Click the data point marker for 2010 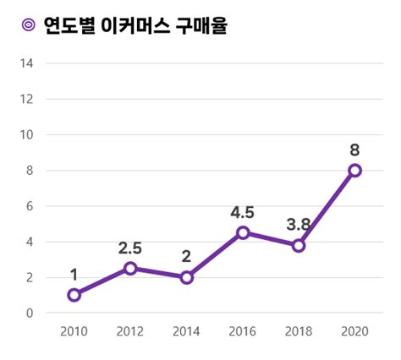74,295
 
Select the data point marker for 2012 130,268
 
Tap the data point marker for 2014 187,277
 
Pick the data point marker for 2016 243,232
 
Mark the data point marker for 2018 299,245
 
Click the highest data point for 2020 354,170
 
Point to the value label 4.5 243,212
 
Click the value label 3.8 299,225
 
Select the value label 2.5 130,248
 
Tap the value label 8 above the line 354,150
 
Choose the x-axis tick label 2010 74,330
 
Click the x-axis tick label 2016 243,330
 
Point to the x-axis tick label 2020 354,330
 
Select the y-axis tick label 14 26,63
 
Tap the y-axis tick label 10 26,134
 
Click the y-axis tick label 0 30,313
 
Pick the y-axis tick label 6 30,206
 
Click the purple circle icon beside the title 27,26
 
